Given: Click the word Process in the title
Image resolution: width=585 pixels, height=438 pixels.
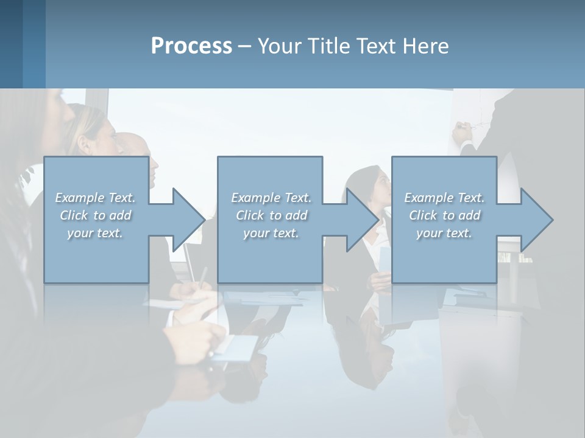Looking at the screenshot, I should click(x=191, y=46).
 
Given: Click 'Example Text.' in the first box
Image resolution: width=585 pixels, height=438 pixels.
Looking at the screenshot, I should click(x=95, y=198).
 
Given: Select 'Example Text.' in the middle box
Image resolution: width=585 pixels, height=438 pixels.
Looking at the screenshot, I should click(x=271, y=198).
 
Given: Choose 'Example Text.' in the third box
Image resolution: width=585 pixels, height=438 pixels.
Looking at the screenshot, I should click(x=444, y=198).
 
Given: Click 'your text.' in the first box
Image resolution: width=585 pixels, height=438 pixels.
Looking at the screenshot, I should click(x=95, y=233).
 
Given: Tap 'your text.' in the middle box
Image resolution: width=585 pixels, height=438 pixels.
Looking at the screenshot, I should click(x=271, y=233).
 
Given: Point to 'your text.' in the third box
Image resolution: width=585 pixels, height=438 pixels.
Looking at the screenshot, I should click(x=444, y=233).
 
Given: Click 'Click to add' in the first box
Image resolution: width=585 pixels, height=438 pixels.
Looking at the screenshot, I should click(x=95, y=215).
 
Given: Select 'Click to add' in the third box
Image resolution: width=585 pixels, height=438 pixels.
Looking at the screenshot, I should click(x=444, y=215).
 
